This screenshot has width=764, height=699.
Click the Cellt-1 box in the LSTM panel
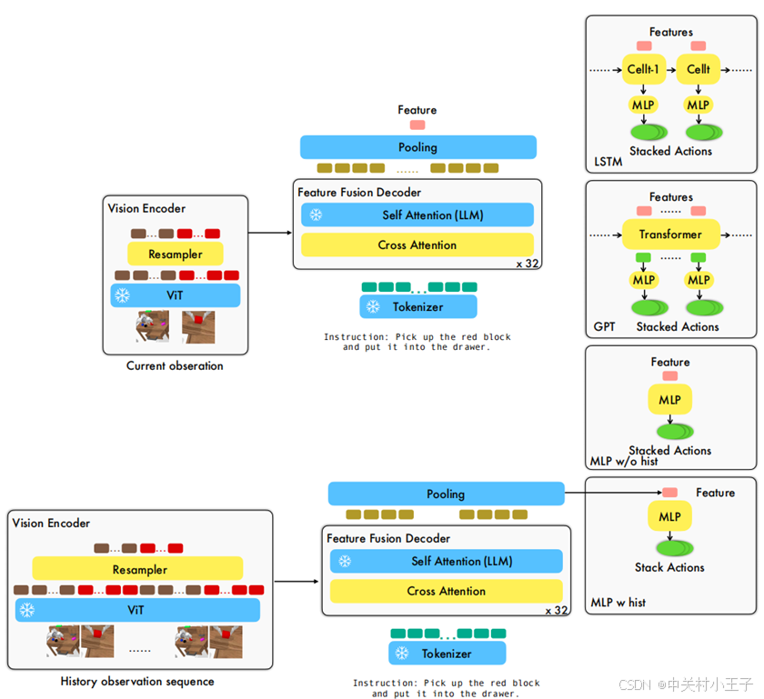click(x=644, y=69)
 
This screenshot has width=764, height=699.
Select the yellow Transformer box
click(x=670, y=235)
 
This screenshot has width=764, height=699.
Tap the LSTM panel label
click(x=608, y=161)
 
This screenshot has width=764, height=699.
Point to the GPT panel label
click(x=604, y=326)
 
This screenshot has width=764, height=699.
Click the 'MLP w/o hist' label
click(x=624, y=461)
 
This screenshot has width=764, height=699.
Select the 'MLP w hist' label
click(x=618, y=603)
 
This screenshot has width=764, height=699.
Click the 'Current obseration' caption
click(x=175, y=365)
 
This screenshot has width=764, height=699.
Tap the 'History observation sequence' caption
click(x=137, y=681)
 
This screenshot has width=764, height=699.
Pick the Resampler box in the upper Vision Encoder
click(x=176, y=254)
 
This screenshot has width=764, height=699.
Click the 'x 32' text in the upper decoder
click(x=528, y=264)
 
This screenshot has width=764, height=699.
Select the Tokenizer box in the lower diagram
click(x=447, y=654)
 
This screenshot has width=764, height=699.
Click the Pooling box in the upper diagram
click(x=418, y=147)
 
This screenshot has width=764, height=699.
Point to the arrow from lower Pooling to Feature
click(x=613, y=493)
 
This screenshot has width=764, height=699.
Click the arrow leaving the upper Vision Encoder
click(x=270, y=233)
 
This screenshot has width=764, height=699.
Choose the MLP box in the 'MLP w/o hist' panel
click(x=670, y=399)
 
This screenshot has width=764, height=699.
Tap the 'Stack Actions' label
click(x=669, y=567)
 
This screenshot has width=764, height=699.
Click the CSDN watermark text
click(x=686, y=684)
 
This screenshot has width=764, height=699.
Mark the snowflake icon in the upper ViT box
click(x=122, y=295)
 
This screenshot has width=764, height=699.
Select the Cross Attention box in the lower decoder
click(x=447, y=591)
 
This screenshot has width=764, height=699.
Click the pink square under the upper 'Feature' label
click(x=417, y=125)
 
